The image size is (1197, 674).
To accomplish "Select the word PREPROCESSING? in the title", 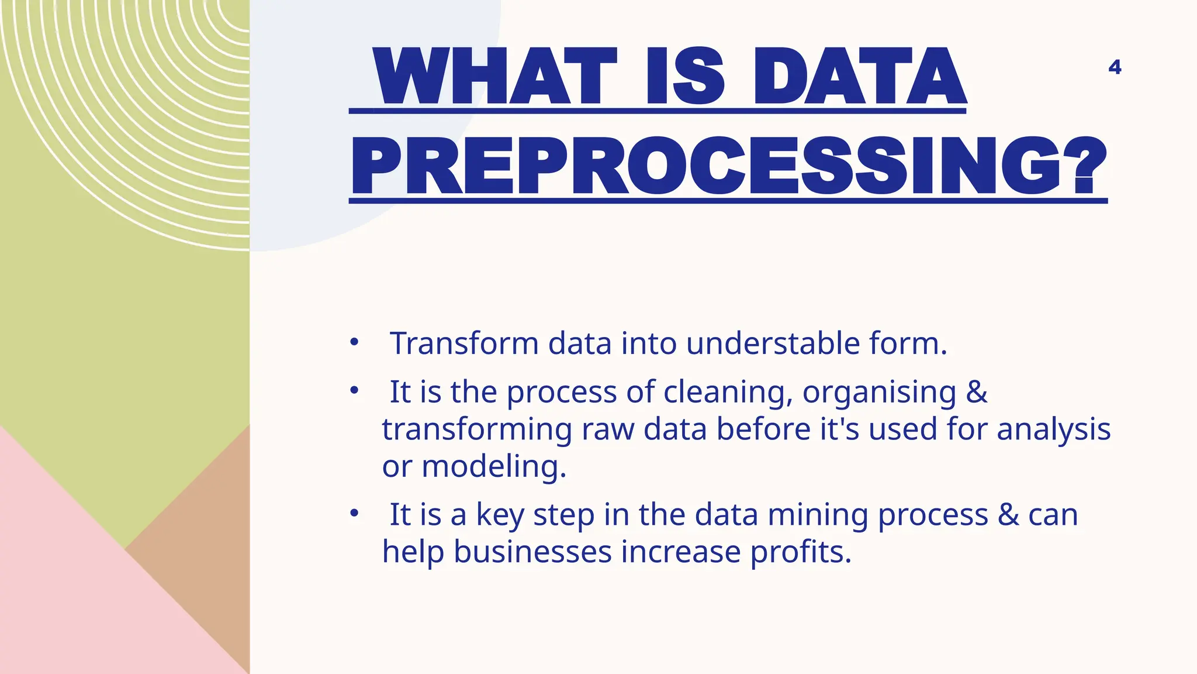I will tap(728, 167).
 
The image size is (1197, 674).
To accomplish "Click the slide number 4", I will tap(1115, 67).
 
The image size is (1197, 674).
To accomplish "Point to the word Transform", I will tap(464, 343).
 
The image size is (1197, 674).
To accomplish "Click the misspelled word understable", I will tap(773, 343).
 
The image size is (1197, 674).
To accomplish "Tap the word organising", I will tap(879, 392).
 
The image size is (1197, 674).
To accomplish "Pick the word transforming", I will tap(477, 430).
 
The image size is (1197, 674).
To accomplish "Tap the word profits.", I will tap(801, 552).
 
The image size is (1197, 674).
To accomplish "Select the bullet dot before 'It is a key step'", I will tap(354, 514).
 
